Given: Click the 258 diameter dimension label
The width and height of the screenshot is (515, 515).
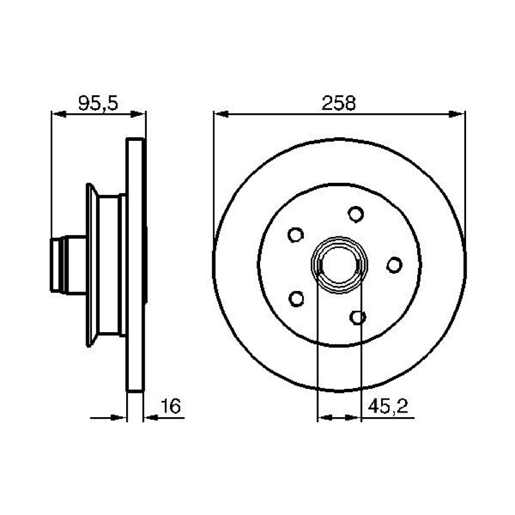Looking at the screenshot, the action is pos(339,103).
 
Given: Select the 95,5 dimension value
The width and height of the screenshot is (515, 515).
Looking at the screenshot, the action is pos(98,103).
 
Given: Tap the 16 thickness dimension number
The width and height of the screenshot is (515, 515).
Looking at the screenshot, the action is pos(171,406).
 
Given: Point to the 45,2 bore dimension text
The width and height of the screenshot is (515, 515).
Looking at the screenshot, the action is pos(388,407).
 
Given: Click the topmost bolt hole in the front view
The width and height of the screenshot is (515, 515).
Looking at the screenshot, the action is pos(356,214).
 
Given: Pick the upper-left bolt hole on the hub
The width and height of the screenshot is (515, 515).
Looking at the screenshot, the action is pos(295,235).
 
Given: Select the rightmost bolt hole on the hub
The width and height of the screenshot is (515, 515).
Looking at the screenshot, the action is pos(394,265).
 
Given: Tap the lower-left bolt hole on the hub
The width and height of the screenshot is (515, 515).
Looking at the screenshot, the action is pos(296,299).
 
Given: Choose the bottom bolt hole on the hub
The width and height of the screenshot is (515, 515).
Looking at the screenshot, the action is pos(358,317).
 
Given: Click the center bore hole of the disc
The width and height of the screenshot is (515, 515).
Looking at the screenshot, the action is pos(339,265).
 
